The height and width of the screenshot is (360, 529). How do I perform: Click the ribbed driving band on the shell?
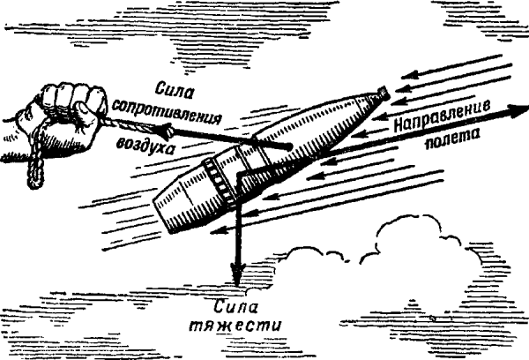point(215,182)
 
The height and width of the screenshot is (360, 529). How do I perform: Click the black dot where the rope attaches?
point(287,146)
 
